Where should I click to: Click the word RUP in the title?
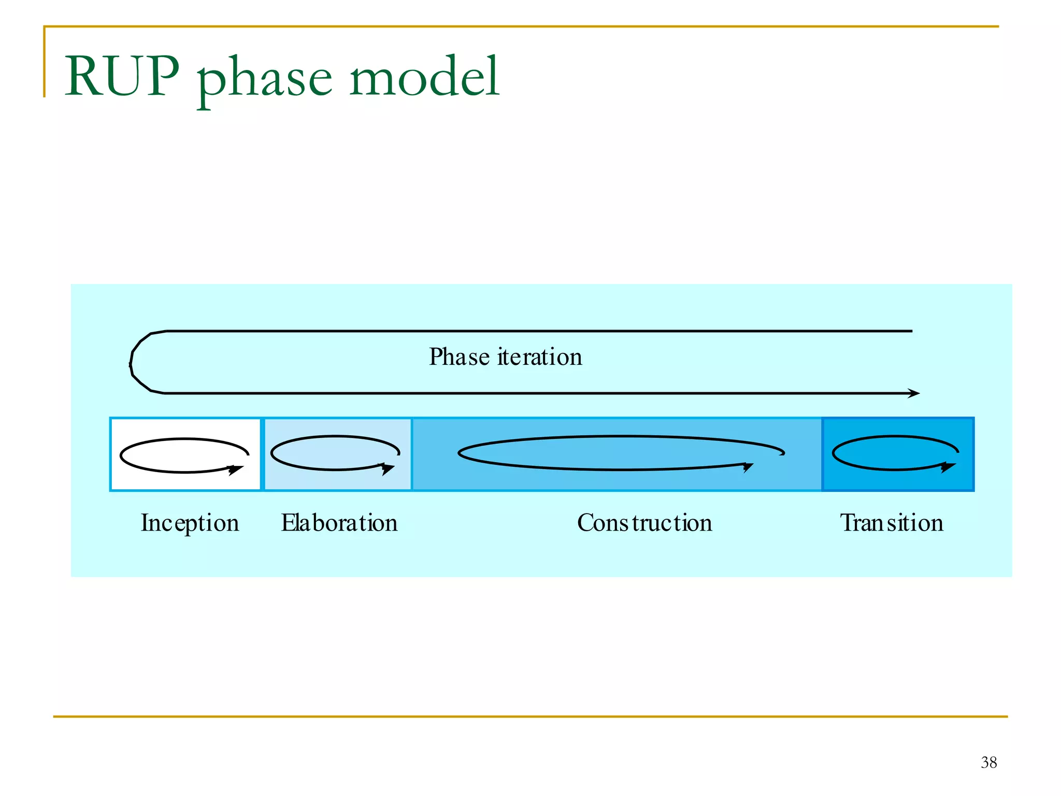coord(122,77)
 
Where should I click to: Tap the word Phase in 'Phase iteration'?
coord(459,357)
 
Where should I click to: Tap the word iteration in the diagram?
coord(539,357)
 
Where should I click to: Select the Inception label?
coord(190,523)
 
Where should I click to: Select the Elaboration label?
coord(339,523)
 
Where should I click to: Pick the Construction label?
coord(644,523)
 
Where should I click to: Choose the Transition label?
coord(891,523)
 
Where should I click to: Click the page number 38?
coord(988,762)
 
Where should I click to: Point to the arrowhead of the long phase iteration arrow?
coord(914,393)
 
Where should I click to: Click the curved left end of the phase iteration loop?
coord(132,362)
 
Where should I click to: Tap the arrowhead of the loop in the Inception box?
coord(236,470)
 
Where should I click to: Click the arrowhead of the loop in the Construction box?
coord(748,467)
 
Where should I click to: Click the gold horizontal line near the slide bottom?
coord(530,717)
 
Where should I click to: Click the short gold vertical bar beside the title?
coord(45,62)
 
